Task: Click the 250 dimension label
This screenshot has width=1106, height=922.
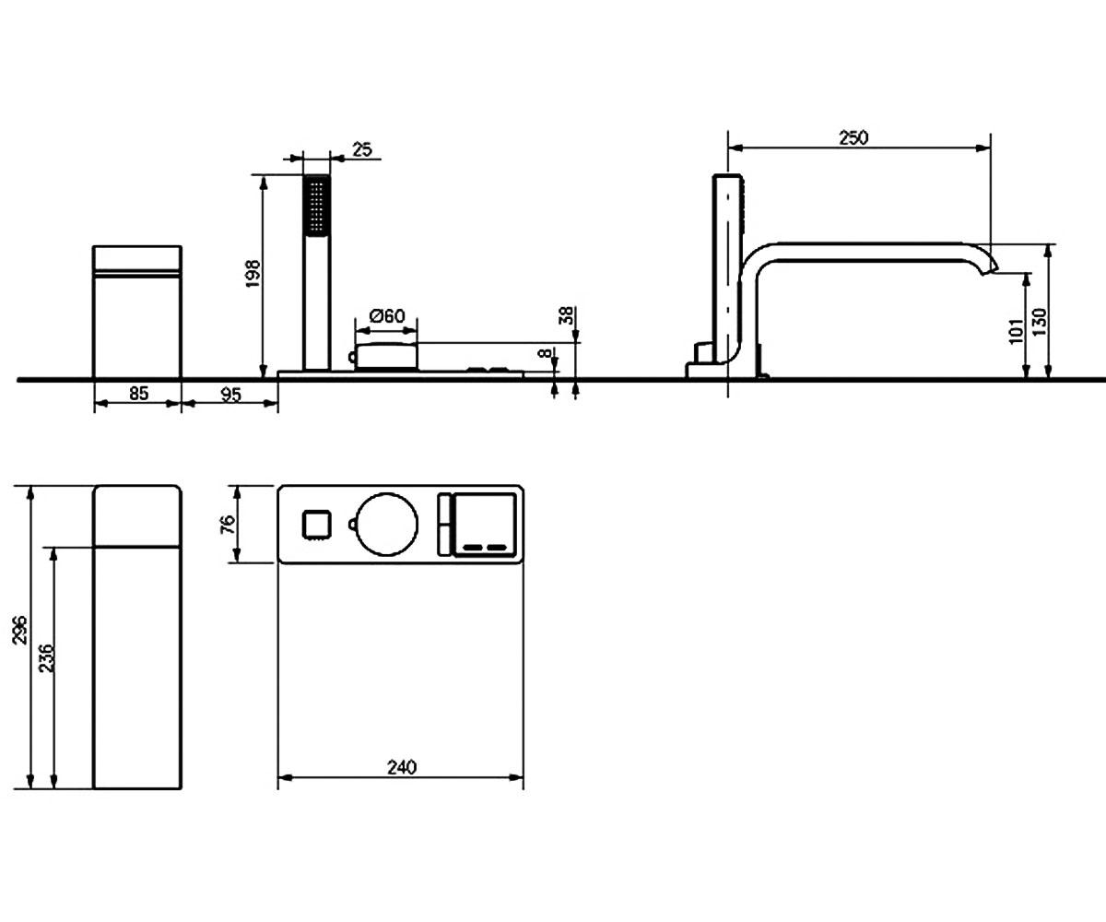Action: (x=853, y=137)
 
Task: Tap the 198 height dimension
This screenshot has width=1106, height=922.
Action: (x=253, y=274)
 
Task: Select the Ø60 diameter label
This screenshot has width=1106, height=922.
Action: (x=387, y=316)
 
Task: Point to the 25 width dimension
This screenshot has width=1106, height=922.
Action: (x=362, y=150)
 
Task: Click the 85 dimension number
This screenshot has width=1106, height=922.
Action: (x=138, y=394)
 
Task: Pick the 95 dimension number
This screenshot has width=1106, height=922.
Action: (x=230, y=395)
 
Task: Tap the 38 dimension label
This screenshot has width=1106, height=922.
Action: (x=566, y=316)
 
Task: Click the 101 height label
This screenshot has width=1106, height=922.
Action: (x=1017, y=331)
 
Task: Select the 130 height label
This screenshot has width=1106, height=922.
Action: (x=1039, y=321)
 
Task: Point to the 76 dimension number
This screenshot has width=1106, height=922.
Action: (x=228, y=525)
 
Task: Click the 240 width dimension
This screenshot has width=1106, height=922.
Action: (x=402, y=767)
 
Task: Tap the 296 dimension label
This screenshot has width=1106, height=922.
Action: (x=20, y=630)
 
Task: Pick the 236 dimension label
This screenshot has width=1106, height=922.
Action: (x=47, y=658)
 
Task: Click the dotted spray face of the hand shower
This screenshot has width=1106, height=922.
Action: (x=317, y=205)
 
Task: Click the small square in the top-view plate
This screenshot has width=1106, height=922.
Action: (x=317, y=525)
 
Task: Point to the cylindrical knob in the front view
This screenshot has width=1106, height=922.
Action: (x=386, y=356)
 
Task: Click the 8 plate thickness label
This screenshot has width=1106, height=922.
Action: (x=545, y=353)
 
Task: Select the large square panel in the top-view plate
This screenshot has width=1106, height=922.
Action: (x=485, y=525)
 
